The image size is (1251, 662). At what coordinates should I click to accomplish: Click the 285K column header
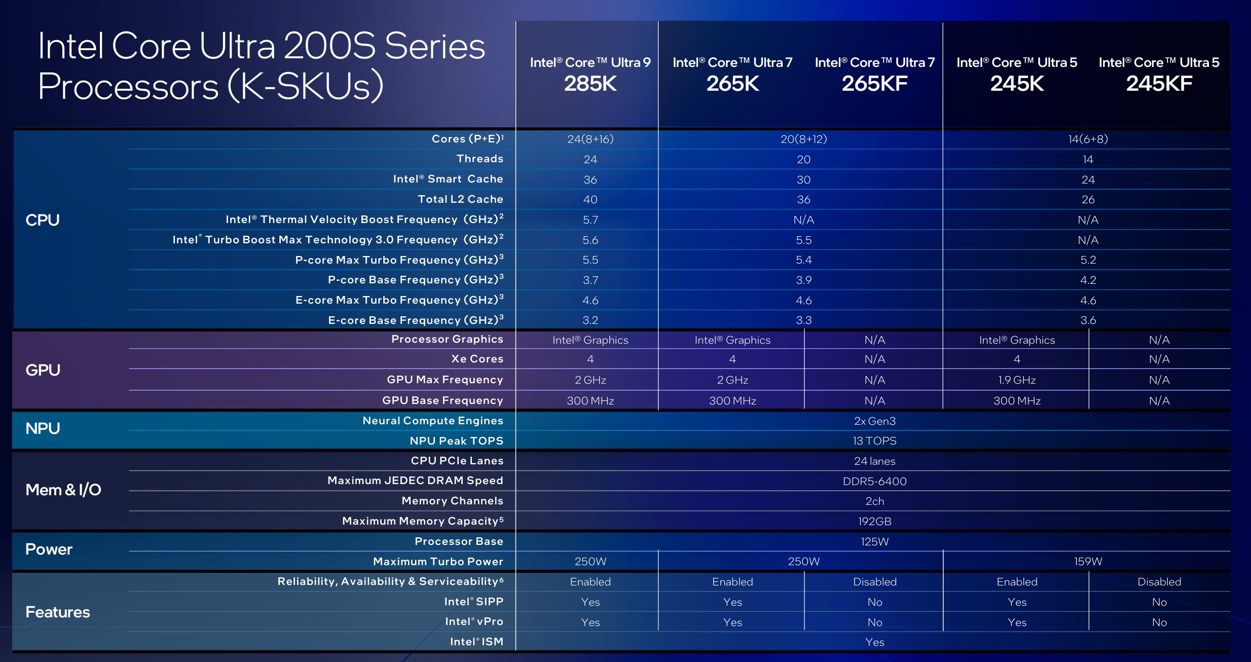pos(590,84)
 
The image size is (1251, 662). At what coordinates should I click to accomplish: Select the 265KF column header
pos(874,84)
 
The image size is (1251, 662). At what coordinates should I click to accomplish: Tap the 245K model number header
pos(1017,84)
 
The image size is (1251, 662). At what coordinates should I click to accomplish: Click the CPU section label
pos(43,220)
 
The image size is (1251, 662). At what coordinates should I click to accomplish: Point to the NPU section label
pos(43,429)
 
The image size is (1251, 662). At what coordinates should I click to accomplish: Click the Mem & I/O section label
pos(63,490)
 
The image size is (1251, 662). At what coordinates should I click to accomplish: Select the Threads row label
pos(480,159)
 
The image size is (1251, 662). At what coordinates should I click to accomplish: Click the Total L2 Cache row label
pos(460,199)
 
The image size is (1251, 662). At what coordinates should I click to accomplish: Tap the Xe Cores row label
pos(477,359)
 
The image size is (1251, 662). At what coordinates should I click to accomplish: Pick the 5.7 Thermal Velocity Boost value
pos(590,220)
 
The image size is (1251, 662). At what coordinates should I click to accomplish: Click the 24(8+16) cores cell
pos(590,139)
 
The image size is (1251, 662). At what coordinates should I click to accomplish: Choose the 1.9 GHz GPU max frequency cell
pos(1017,380)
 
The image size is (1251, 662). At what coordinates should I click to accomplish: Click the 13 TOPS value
pos(874,441)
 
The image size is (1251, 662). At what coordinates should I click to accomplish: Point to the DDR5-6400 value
pos(874,481)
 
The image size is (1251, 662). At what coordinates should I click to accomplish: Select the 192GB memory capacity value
pos(874,521)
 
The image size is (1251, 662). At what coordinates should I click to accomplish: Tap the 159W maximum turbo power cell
pos(1088,562)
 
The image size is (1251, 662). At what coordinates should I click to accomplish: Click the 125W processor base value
pos(874,541)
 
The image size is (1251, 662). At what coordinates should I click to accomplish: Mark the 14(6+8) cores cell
pos(1088,139)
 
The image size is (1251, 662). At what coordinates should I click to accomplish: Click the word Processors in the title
pos(128,86)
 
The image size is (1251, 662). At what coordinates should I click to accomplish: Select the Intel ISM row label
pos(476,642)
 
